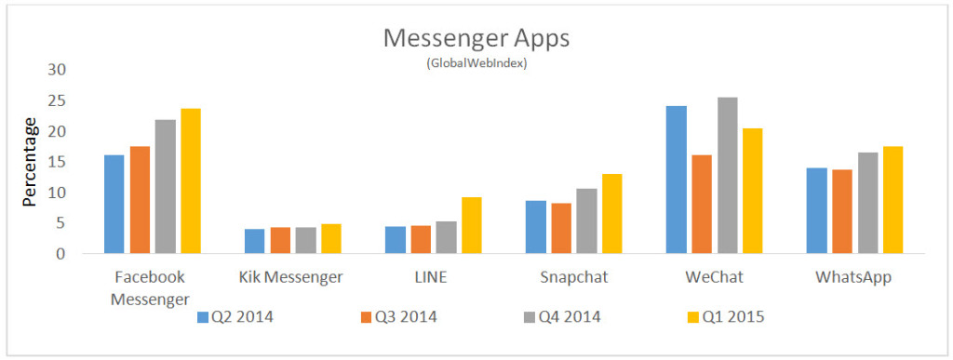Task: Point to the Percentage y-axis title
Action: point(30,163)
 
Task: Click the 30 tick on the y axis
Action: point(58,70)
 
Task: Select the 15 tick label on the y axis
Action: point(58,162)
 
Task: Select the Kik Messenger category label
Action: point(291,276)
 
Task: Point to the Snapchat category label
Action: point(572,276)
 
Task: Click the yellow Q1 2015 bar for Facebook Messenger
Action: point(191,181)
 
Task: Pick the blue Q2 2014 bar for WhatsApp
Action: point(816,210)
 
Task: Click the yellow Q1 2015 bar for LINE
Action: point(472,225)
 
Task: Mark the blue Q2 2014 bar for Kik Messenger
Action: point(254,241)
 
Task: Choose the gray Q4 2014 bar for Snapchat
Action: point(586,221)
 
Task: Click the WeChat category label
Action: point(714,276)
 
